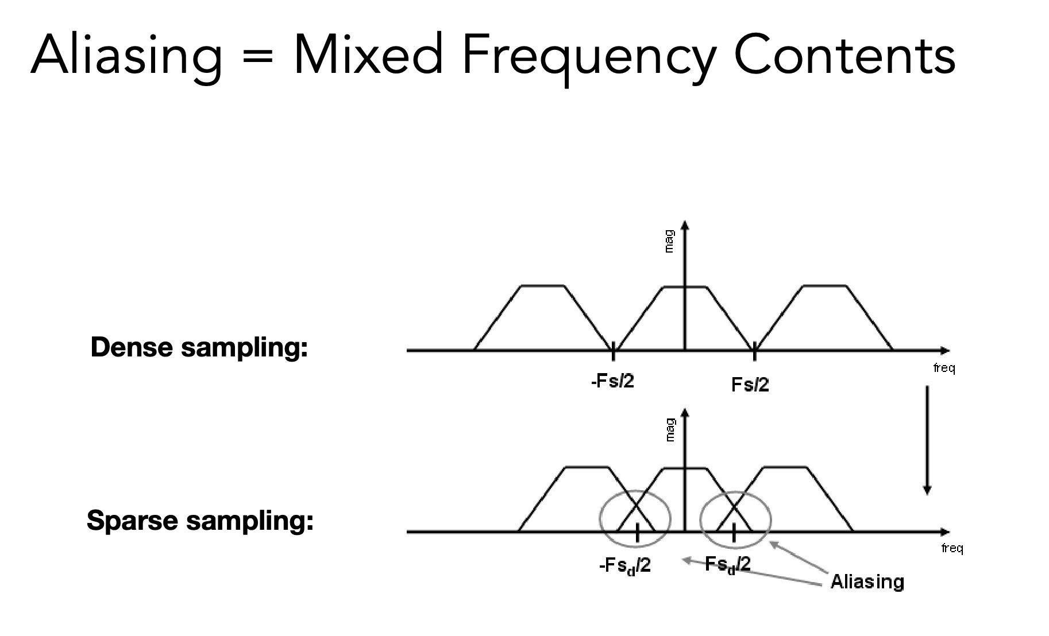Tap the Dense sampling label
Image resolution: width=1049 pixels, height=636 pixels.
pos(199,348)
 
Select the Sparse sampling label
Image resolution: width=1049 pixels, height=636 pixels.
pos(200,521)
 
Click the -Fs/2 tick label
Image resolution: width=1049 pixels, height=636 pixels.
pos(612,381)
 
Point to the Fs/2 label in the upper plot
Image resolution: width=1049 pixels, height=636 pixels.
pos(750,384)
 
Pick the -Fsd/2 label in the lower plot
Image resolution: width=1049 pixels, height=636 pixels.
pos(625,567)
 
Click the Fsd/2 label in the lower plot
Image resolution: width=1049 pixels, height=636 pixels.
pos(727,565)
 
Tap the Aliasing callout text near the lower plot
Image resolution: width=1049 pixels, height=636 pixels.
pos(867,582)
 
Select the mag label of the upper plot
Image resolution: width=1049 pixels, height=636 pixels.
pos(668,241)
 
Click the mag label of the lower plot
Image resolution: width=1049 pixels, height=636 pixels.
pos(669,429)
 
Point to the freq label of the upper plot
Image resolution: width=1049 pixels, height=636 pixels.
pos(944,368)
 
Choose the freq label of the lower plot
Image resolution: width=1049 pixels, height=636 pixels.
pos(952,549)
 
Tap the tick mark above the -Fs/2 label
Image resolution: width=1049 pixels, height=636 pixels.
pos(614,350)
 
